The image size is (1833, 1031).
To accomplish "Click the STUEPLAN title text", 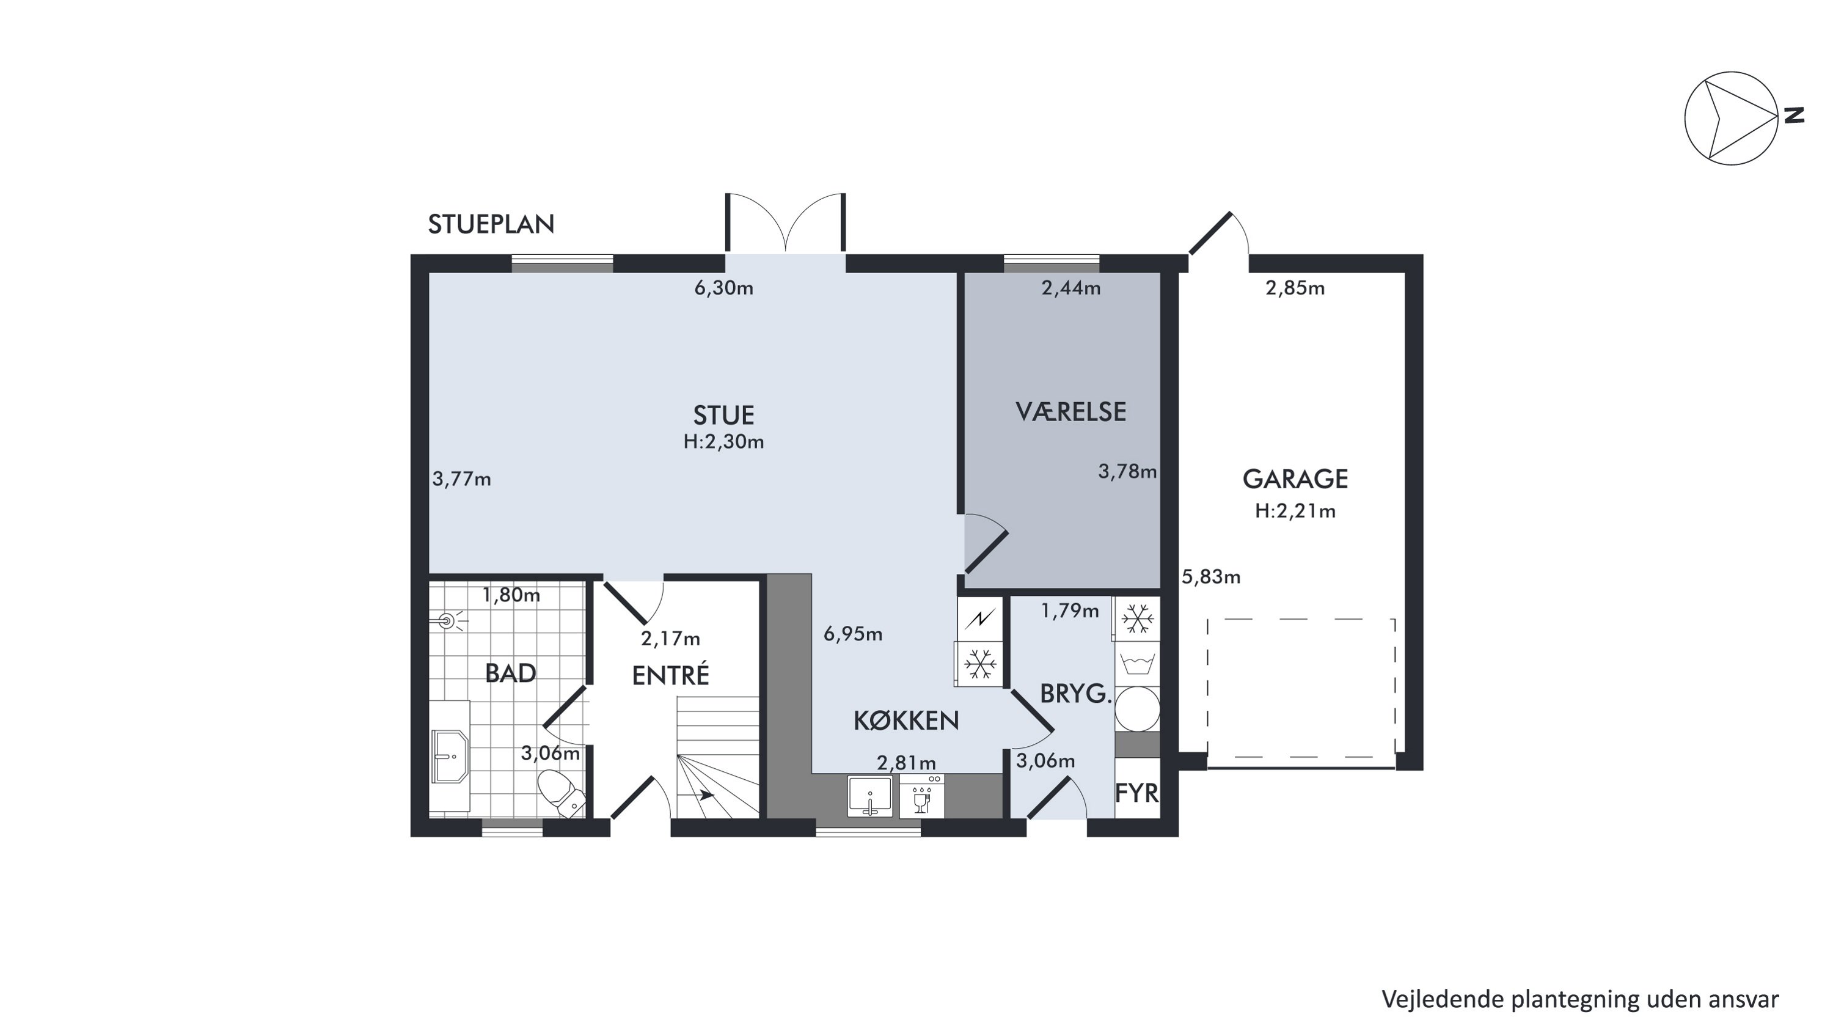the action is pos(491,224).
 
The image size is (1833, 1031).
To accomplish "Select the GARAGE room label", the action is pos(1295,479).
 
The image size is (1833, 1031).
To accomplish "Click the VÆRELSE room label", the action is pos(1071,412).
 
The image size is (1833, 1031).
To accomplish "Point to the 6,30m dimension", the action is pos(723,288).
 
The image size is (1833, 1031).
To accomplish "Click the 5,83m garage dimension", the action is pos(1211,576).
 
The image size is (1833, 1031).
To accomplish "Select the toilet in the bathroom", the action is pos(562,793).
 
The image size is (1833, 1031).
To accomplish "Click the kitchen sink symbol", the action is pos(869,796).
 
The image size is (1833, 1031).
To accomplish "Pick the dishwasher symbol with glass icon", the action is pos(921,796).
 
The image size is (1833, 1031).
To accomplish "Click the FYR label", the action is pos(1136,793).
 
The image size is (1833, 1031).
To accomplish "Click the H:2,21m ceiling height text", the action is pos(1295,511).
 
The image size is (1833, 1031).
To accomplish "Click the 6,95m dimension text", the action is pos(852,634).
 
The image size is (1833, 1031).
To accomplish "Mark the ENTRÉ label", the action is pos(670,675).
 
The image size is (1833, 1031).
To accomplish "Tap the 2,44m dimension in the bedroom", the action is pos(1071,288).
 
